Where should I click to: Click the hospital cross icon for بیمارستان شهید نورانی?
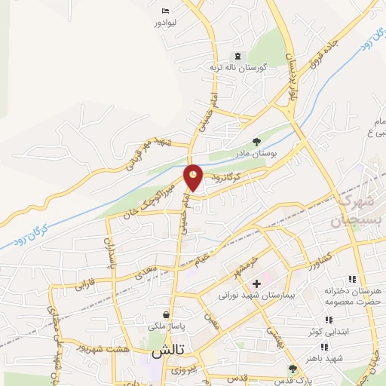pos(256,283)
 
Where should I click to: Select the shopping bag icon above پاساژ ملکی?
pos(166,314)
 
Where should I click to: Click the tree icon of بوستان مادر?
pos(256,140)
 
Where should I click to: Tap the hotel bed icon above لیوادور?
pos(166,11)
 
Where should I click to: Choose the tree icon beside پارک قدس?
pos(293,368)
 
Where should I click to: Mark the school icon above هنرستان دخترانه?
pos(351,280)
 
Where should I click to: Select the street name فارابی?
pos(84,286)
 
